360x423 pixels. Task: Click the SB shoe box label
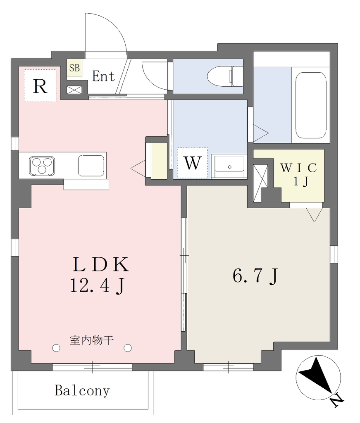74,68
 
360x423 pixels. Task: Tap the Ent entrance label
103,76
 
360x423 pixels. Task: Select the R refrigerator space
40,86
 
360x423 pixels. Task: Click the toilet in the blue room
225,76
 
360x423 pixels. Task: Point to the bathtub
310,105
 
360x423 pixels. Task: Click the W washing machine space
193,163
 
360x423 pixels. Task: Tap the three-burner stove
42,165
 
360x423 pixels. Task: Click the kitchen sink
91,165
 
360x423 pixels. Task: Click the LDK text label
101,265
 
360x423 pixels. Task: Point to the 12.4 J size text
97,285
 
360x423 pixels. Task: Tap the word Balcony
82,391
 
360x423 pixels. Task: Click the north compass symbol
318,378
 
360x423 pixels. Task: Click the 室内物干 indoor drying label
91,340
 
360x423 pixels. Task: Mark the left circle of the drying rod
56,348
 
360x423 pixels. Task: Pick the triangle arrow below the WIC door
315,215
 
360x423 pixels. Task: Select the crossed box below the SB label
74,90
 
